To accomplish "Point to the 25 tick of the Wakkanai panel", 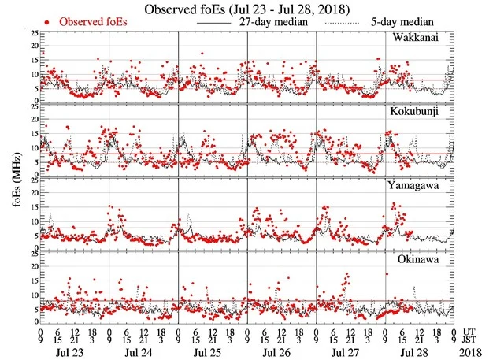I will [33, 34].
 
